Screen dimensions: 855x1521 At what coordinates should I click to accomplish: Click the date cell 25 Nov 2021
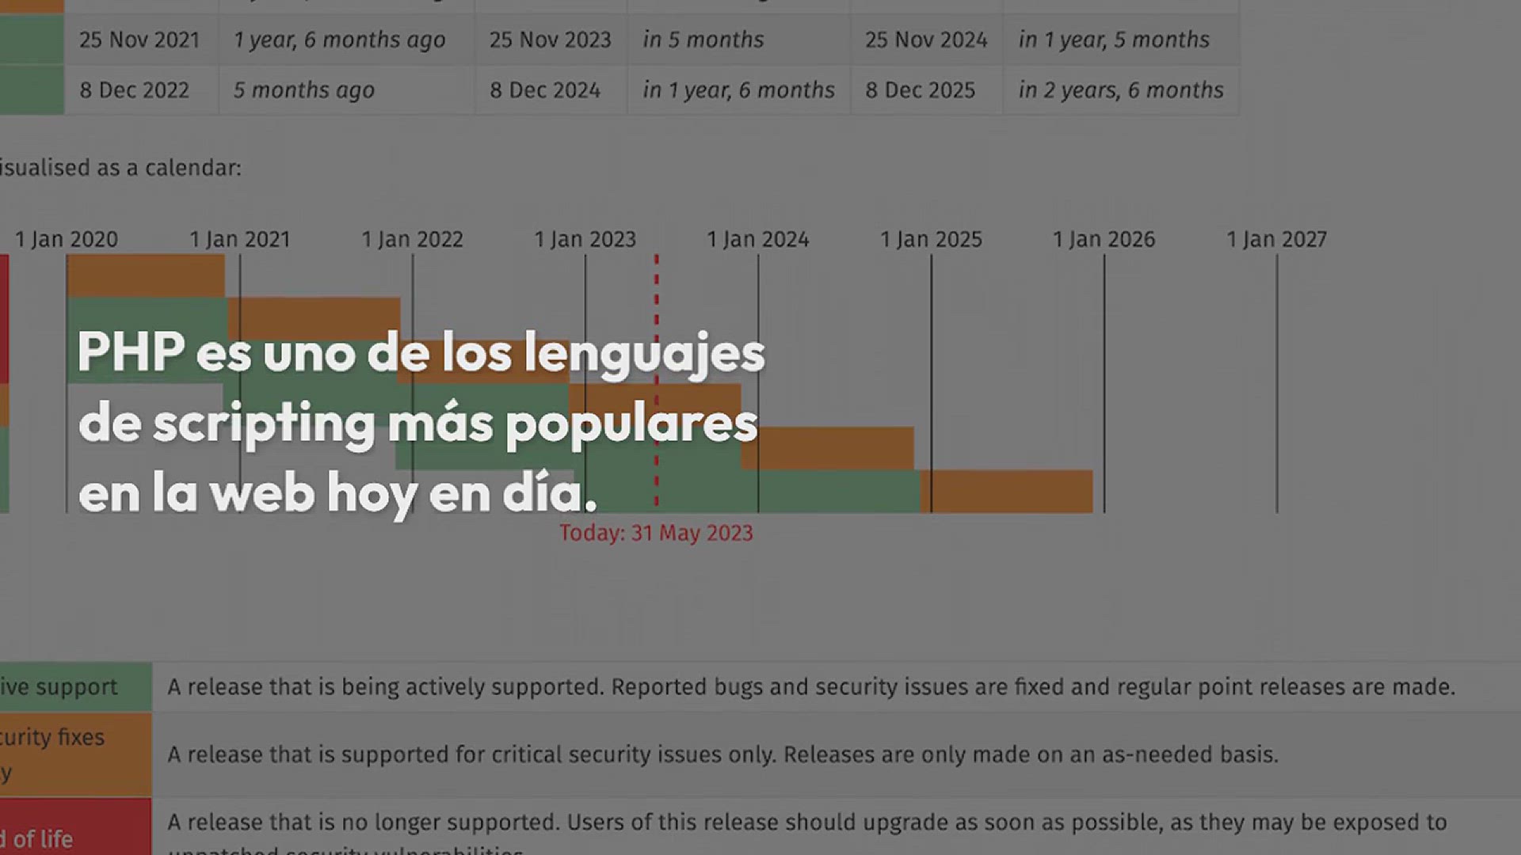point(139,40)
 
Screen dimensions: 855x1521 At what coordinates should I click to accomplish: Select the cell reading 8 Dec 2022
point(135,90)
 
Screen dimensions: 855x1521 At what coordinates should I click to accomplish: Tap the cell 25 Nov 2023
point(550,40)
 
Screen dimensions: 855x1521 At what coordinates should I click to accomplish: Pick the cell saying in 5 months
point(703,40)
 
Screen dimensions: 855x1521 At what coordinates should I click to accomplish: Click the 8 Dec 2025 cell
point(920,90)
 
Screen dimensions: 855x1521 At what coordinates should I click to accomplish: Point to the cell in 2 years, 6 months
point(1121,90)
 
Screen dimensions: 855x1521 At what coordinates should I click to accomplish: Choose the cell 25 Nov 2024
point(926,40)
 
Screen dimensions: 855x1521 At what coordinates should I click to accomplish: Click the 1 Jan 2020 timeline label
point(67,239)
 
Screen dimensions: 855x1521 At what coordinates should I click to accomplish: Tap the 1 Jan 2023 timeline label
point(585,239)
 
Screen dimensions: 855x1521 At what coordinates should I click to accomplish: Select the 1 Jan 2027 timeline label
point(1276,239)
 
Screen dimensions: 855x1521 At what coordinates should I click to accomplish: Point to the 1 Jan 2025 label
point(931,239)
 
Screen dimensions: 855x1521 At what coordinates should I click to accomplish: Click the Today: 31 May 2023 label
point(656,533)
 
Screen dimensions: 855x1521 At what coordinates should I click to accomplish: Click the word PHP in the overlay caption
point(132,352)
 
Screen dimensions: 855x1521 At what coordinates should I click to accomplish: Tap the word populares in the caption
point(631,424)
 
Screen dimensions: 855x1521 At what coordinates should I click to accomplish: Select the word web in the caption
point(262,492)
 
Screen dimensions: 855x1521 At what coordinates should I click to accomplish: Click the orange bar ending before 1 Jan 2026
point(1007,491)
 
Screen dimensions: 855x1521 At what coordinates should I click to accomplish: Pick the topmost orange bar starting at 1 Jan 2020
point(146,276)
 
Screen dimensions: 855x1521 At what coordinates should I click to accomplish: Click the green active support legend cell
point(75,686)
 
